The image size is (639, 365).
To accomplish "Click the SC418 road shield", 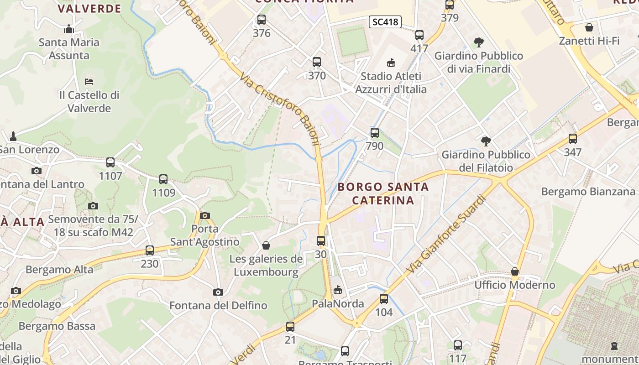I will [x=385, y=21].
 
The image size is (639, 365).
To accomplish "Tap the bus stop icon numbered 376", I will [x=261, y=20].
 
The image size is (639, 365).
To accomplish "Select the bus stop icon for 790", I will [x=374, y=133].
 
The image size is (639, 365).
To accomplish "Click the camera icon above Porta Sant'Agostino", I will [x=205, y=215].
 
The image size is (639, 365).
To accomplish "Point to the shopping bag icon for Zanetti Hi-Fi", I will [x=589, y=27].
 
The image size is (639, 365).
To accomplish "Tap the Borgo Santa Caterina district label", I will [x=383, y=193].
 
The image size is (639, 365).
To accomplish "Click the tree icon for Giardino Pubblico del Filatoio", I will [x=486, y=141].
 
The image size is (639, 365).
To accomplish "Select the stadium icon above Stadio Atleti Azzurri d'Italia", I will [x=391, y=63].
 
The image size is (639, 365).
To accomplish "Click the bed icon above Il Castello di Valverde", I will [x=89, y=82].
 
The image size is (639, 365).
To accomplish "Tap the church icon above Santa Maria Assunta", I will [x=69, y=29].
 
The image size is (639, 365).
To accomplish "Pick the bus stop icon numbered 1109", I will [x=163, y=179].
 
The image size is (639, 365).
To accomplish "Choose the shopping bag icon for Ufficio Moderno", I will [x=515, y=271].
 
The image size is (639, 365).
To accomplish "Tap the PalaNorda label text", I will [x=338, y=303].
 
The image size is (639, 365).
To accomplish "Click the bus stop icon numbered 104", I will [x=384, y=299].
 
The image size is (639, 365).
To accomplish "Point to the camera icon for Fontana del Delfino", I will [x=218, y=292].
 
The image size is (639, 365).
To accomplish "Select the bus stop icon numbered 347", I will [x=572, y=139].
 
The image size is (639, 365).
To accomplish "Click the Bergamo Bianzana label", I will [x=588, y=191].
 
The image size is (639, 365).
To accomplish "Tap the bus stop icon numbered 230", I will [x=149, y=250].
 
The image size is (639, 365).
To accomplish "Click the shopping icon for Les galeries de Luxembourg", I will [x=266, y=245].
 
